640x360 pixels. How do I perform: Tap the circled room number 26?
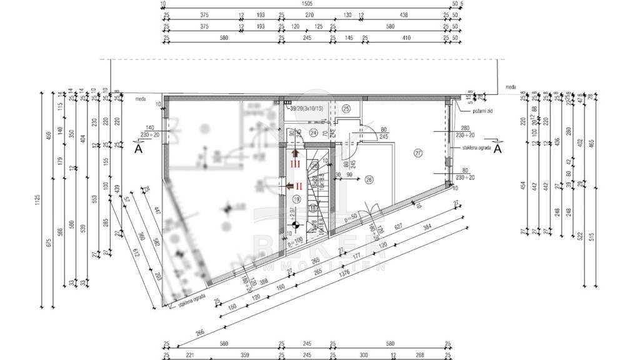point(369,179)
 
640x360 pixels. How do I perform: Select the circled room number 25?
point(346,108)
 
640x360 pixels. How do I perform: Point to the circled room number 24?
point(314,132)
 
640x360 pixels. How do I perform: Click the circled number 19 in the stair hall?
point(296,199)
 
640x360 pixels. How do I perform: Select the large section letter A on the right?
point(497,149)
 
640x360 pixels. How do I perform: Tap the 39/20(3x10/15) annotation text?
point(306,109)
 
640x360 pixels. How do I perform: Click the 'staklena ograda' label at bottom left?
point(192,304)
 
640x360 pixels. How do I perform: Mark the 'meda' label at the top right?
point(511,87)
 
